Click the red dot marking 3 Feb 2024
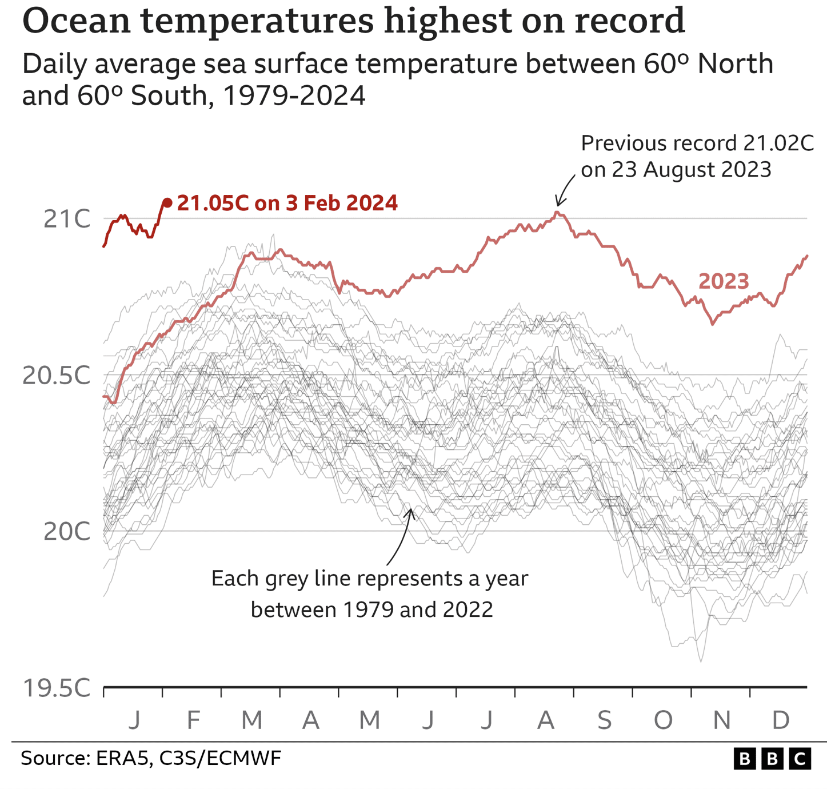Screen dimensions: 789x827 (x=167, y=202)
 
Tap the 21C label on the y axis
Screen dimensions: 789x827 (x=67, y=219)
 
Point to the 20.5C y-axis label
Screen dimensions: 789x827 (x=57, y=376)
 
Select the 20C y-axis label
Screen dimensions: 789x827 (x=67, y=532)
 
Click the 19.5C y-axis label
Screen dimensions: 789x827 (x=57, y=688)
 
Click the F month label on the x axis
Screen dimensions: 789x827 (x=193, y=720)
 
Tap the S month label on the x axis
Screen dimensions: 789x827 (x=604, y=720)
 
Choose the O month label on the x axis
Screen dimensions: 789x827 (x=663, y=720)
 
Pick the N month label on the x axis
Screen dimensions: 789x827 (x=722, y=720)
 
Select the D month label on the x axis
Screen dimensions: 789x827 (x=781, y=720)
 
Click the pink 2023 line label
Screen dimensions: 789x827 (x=724, y=281)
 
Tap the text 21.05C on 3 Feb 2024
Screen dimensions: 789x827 (x=287, y=203)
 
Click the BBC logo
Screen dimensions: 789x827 (x=772, y=759)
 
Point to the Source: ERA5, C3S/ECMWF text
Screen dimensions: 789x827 (x=151, y=759)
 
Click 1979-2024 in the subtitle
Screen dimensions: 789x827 (x=294, y=95)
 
